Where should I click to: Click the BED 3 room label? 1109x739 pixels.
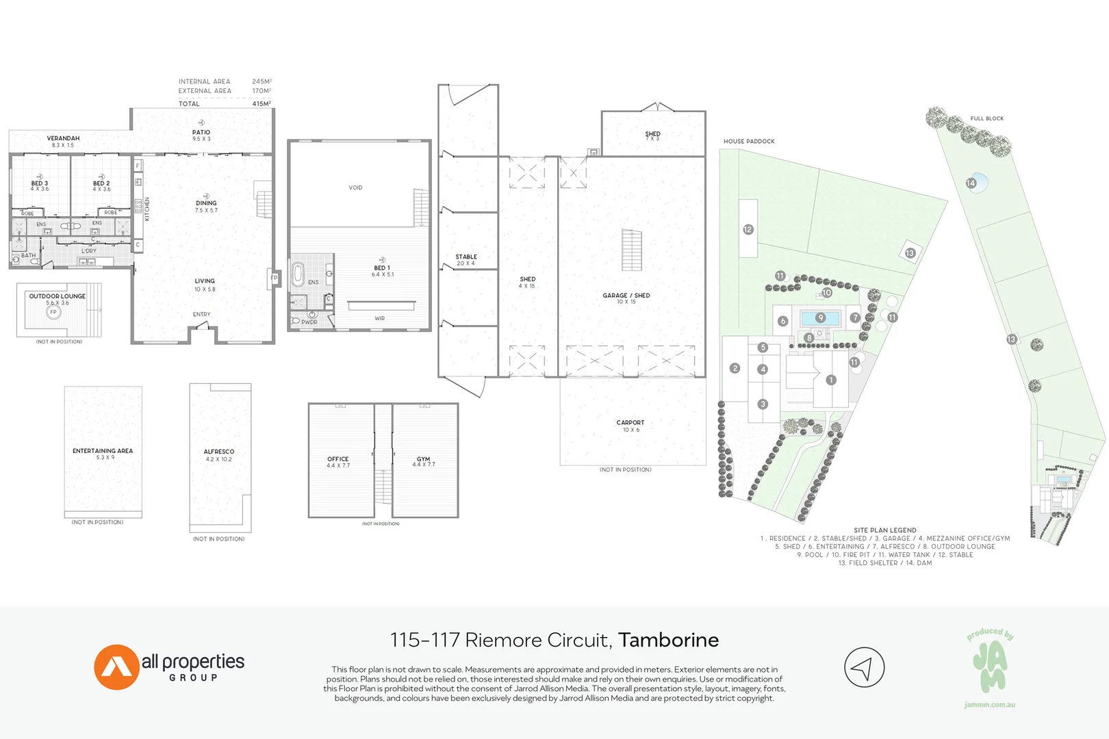[40, 183]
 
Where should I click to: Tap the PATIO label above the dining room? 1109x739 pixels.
[201, 133]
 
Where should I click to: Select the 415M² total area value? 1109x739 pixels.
[262, 104]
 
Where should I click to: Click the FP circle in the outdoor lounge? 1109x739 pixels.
[53, 312]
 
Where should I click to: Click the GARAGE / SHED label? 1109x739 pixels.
[626, 296]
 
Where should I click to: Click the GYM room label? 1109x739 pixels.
[424, 459]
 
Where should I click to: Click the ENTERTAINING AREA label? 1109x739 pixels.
[103, 451]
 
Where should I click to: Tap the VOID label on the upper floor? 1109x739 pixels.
[355, 187]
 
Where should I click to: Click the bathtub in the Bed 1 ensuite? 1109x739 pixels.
[298, 275]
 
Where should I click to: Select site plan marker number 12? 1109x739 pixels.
[748, 230]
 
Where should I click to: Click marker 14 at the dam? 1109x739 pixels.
[971, 183]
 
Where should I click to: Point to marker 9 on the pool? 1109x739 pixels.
[821, 317]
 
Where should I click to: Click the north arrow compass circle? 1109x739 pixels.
[864, 667]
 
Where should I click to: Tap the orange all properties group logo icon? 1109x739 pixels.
[116, 667]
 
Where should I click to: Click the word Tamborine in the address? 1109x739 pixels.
[668, 640]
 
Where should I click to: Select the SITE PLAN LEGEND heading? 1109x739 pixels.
[884, 530]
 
